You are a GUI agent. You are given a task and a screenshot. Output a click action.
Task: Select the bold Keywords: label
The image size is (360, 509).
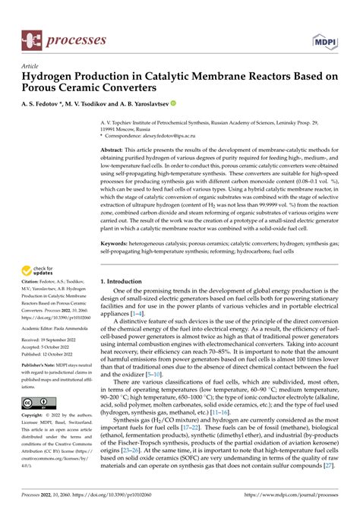tap(118, 243)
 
